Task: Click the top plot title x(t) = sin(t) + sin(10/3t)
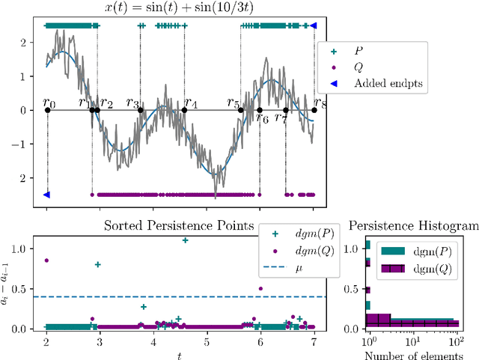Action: click(x=180, y=7)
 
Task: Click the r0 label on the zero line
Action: click(x=49, y=98)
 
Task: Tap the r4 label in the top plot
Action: click(x=191, y=103)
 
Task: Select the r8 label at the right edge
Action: click(x=321, y=103)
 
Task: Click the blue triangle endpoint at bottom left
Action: click(x=46, y=195)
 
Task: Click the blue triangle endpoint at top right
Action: click(x=314, y=25)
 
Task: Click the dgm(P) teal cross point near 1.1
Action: click(x=185, y=240)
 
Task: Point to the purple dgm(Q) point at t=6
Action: click(x=260, y=288)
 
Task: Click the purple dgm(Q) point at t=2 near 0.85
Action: click(x=46, y=260)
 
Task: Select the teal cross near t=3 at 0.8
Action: click(x=97, y=264)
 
